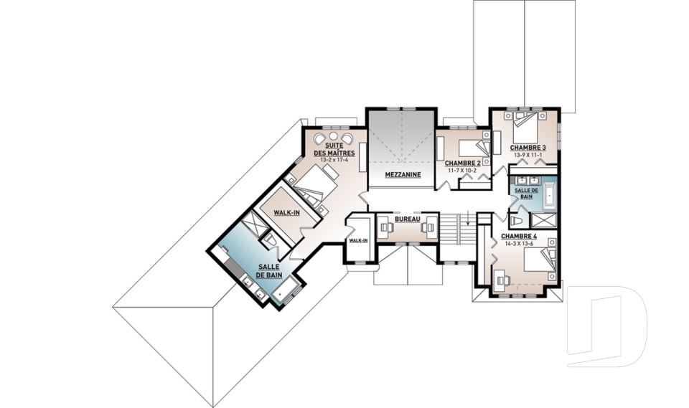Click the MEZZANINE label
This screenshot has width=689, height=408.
click(x=403, y=174)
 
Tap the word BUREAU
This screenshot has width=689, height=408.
click(x=408, y=219)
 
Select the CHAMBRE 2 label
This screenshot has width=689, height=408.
click(x=462, y=163)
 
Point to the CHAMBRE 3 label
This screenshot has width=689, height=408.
click(x=528, y=148)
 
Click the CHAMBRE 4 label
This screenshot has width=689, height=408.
click(x=518, y=237)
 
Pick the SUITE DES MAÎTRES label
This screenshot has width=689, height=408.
click(x=334, y=148)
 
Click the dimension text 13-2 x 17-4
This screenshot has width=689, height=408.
click(x=334, y=160)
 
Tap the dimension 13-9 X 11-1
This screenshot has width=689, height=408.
click(x=528, y=155)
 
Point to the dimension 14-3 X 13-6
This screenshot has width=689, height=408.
click(x=518, y=243)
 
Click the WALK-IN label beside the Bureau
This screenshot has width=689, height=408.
click(x=358, y=240)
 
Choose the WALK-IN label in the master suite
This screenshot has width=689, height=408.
click(x=286, y=212)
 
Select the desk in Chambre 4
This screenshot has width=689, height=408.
click(x=501, y=279)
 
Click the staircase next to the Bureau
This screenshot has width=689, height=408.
click(x=458, y=229)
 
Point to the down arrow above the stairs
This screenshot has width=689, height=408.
click(x=469, y=217)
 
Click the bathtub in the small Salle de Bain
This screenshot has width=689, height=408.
click(x=549, y=196)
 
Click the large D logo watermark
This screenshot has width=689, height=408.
click(x=607, y=326)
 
